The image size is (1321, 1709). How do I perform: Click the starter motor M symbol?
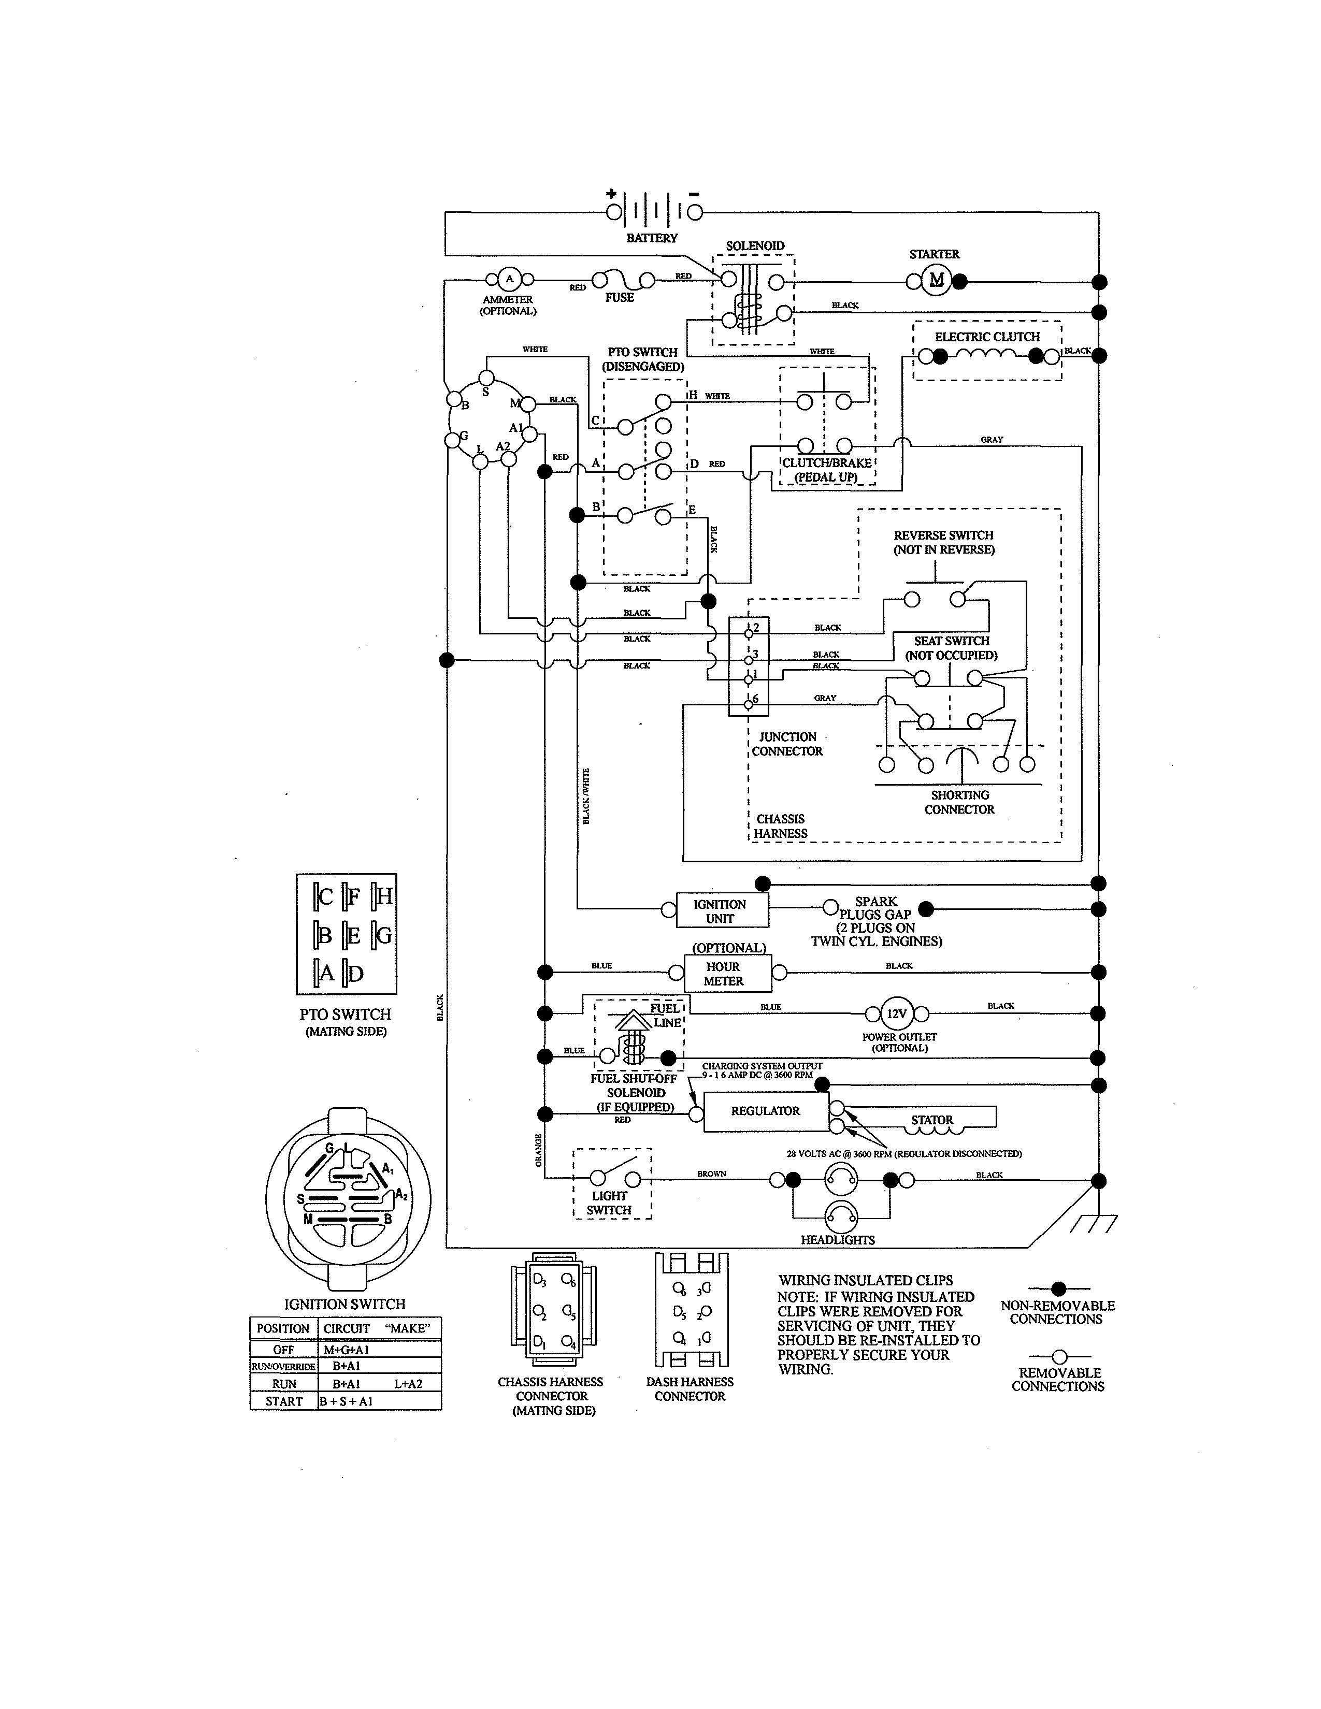point(936,280)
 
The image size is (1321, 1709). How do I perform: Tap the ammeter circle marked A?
point(509,279)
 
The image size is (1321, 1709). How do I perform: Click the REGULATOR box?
point(765,1111)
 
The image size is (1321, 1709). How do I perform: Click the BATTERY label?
point(652,238)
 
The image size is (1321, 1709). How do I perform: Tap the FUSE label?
point(619,297)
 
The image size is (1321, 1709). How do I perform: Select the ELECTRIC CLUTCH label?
point(987,337)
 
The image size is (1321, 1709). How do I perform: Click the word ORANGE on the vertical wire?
point(538,1150)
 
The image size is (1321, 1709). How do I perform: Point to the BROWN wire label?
point(711,1174)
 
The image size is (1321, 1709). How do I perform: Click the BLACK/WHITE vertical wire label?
point(586,796)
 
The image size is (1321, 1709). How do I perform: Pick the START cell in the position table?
point(283,1401)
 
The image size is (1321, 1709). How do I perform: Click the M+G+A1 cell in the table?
point(345,1350)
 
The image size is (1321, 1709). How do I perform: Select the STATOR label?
point(931,1120)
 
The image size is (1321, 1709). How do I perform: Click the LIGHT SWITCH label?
point(609,1203)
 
